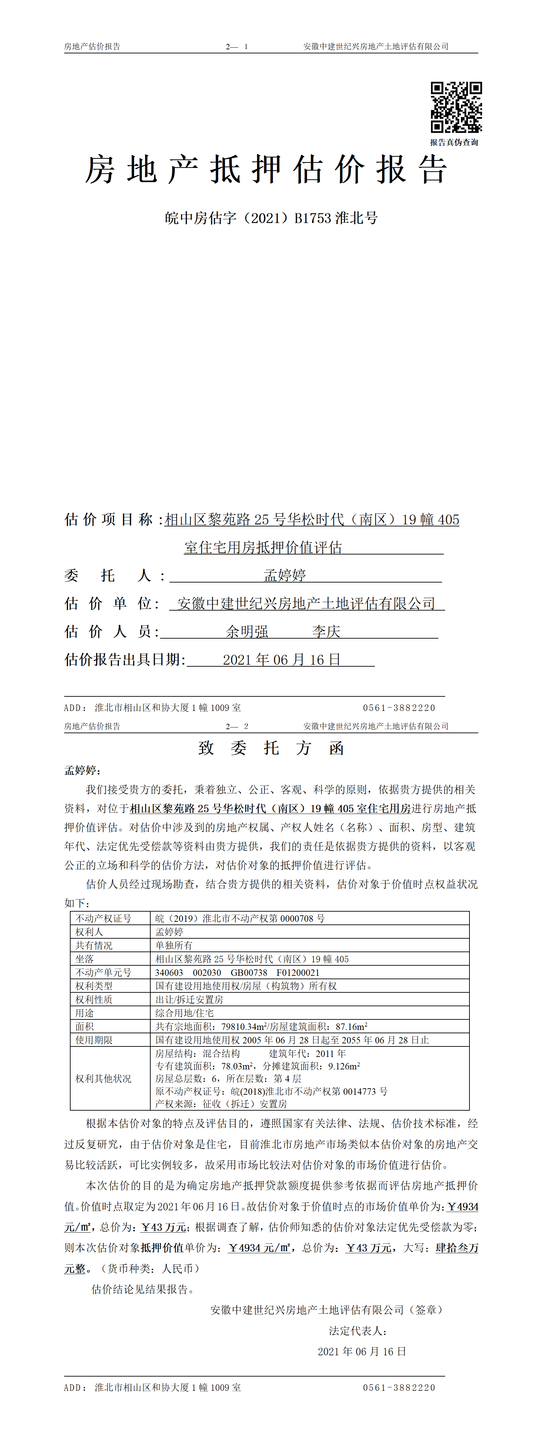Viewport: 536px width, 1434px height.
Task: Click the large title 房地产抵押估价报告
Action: coord(266,170)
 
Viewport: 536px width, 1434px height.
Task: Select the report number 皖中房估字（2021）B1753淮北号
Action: coord(271,218)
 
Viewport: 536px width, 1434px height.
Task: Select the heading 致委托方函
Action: coord(271,748)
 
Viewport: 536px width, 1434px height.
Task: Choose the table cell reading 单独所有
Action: coord(174,945)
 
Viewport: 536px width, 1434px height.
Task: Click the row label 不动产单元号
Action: coord(104,972)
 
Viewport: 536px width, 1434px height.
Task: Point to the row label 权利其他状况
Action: coord(104,1078)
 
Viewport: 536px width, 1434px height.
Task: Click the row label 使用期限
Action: coord(94,1040)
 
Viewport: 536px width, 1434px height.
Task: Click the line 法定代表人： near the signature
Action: coord(357,1331)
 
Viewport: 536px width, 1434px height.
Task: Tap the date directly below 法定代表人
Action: coord(362,1351)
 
